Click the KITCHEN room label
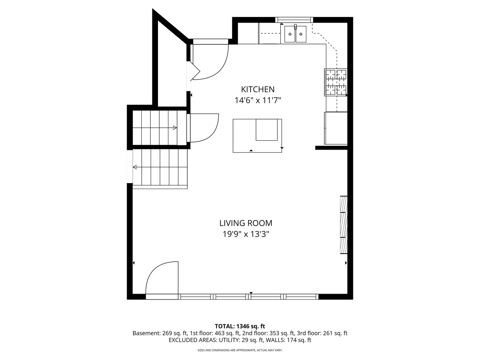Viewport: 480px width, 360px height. click(x=258, y=89)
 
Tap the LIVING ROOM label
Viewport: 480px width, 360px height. click(x=246, y=223)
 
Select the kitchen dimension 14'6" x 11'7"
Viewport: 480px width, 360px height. click(x=258, y=100)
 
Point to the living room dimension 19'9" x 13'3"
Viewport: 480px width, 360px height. click(x=246, y=234)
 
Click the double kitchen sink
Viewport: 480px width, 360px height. click(x=295, y=34)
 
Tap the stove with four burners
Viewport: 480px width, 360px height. click(x=336, y=82)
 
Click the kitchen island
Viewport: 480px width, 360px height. click(x=257, y=136)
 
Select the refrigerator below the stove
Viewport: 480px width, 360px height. click(x=336, y=128)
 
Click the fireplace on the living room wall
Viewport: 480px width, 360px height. click(x=344, y=225)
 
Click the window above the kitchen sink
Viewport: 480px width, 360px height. click(x=294, y=20)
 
